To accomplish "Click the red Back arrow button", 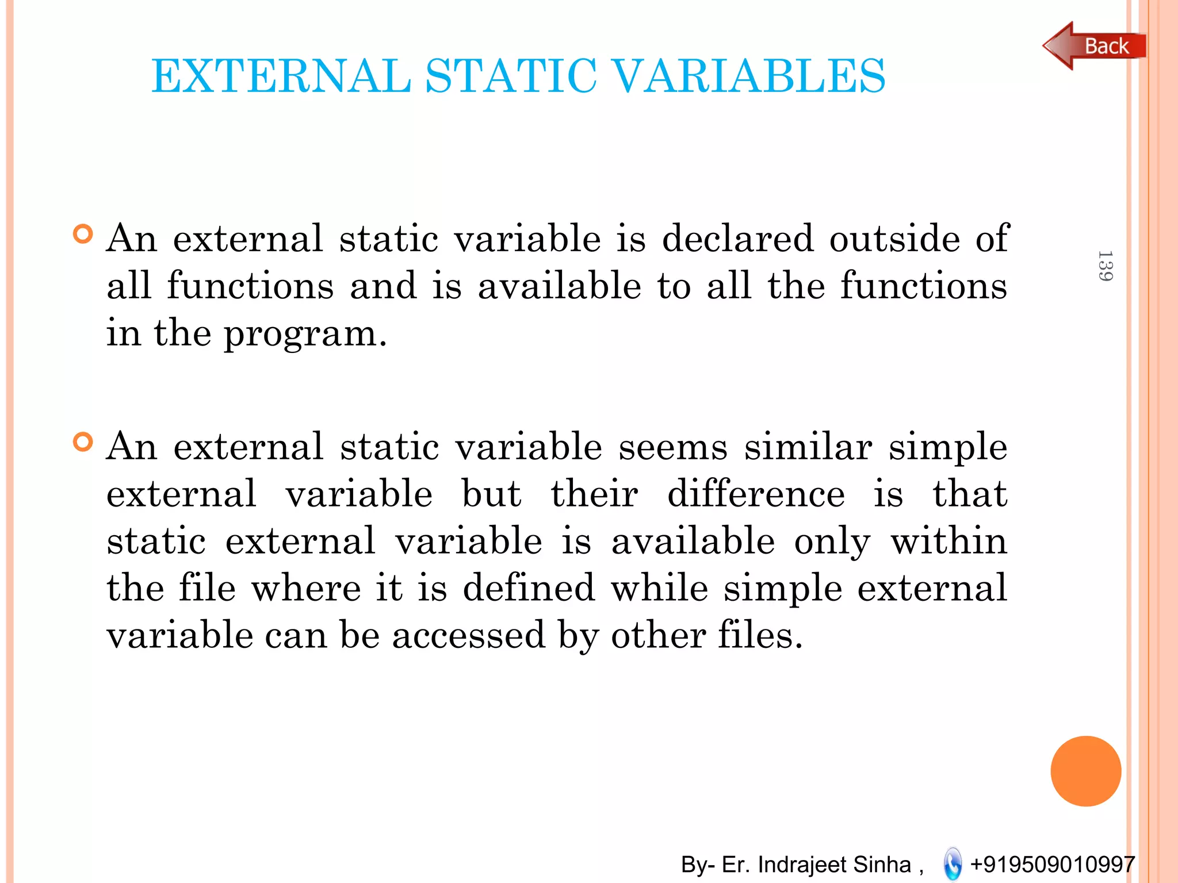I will (x=1093, y=46).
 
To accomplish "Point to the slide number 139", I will (x=1105, y=266).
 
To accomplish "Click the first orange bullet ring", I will (x=83, y=235).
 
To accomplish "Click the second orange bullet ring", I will (x=83, y=443).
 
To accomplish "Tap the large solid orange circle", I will (x=1085, y=771).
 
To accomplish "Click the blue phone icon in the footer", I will (x=953, y=864).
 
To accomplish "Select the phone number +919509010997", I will (x=1052, y=864).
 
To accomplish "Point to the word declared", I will (x=738, y=238).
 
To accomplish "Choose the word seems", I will (x=672, y=447).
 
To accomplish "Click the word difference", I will (x=756, y=494).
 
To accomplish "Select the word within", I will (x=949, y=542).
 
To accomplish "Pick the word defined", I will (x=529, y=588).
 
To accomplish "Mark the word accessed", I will (x=468, y=636).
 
